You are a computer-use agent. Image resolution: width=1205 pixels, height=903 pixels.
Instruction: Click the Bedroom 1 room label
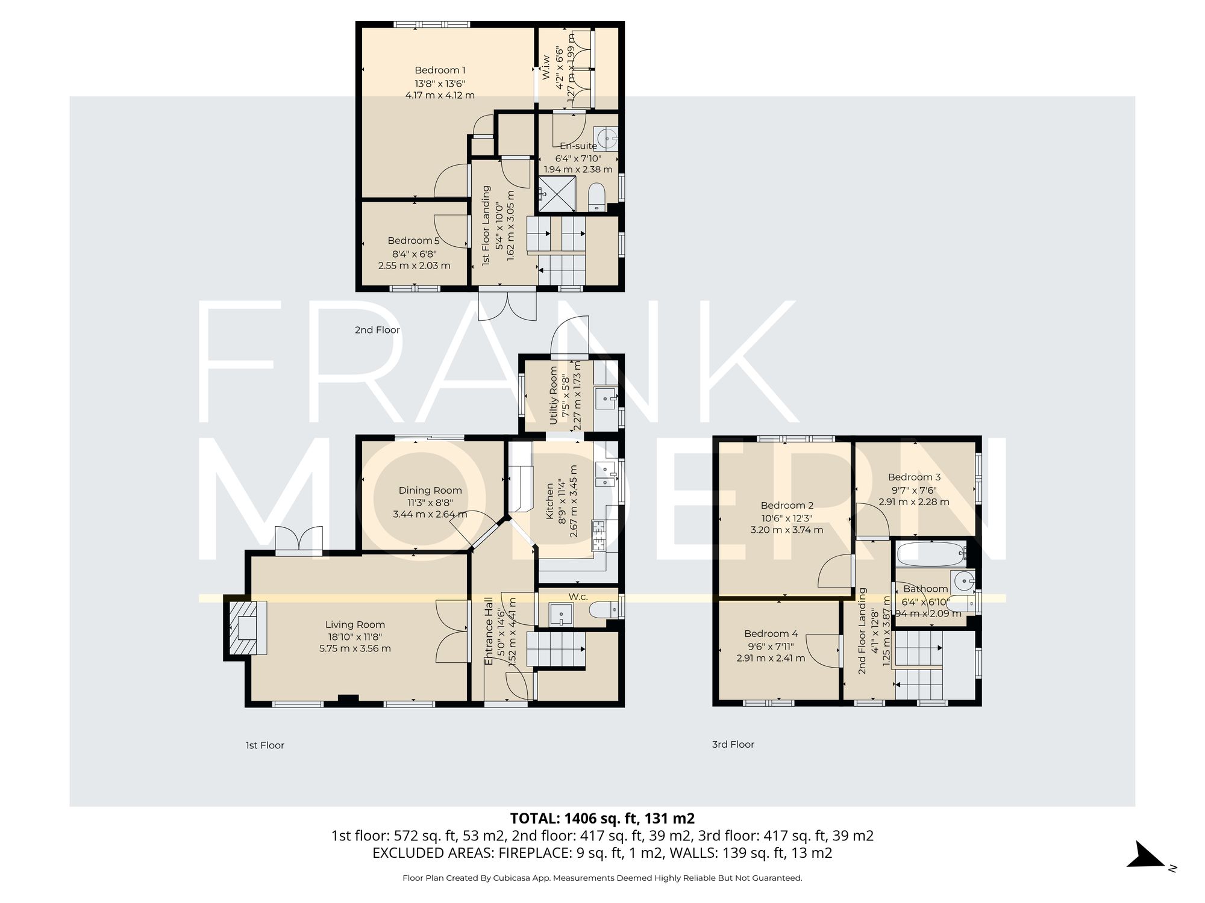tap(440, 70)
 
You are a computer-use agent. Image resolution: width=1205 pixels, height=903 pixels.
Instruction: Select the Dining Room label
tap(430, 491)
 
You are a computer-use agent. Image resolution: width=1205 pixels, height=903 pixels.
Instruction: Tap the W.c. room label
tap(578, 597)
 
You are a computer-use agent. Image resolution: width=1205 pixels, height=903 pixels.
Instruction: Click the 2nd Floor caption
tap(377, 330)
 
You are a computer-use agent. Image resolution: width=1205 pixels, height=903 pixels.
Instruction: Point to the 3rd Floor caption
tap(733, 744)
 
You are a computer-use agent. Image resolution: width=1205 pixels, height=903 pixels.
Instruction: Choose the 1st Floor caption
tap(264, 745)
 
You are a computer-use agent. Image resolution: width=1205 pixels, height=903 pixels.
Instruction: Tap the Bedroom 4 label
tap(771, 633)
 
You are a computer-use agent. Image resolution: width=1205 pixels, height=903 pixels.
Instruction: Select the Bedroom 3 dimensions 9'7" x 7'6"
tap(914, 490)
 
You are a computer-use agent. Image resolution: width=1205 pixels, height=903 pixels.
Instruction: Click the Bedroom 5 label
tap(413, 241)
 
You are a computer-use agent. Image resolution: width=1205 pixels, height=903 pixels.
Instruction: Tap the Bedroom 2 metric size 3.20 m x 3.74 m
tap(786, 530)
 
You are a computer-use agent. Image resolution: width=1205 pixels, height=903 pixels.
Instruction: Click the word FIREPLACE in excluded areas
tap(534, 853)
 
